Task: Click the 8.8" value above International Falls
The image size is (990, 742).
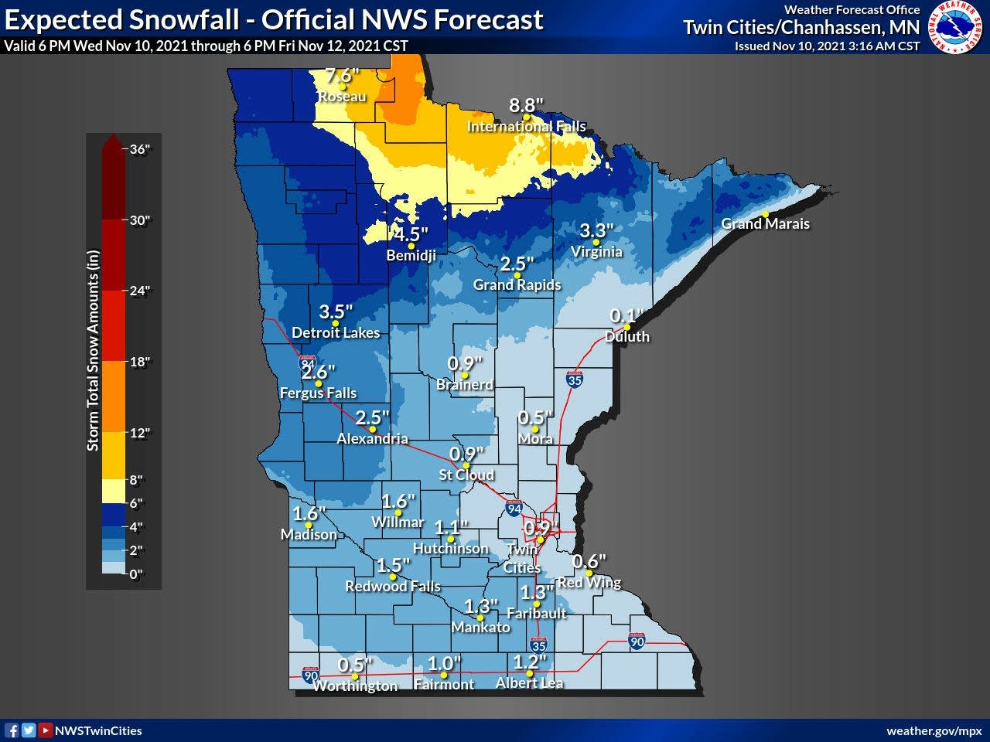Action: pos(526,105)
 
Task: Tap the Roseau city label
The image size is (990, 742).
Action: pos(342,97)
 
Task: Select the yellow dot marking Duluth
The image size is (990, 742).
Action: pos(626,326)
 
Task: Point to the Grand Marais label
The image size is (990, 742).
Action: pos(765,223)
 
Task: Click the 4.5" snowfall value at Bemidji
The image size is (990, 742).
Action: pos(409,234)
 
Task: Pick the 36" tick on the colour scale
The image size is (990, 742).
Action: pos(139,149)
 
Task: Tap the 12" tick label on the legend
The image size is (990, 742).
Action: pos(139,433)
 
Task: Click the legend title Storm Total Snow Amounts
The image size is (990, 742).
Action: pos(93,349)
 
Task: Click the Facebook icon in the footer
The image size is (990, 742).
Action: pos(12,730)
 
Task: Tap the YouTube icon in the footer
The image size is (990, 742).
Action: pos(46,730)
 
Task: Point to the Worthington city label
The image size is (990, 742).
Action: pos(355,686)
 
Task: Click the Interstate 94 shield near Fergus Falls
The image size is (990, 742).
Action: pos(307,362)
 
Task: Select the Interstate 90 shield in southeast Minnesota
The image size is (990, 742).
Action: pos(637,642)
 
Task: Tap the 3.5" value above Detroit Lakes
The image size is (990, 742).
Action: pos(336,311)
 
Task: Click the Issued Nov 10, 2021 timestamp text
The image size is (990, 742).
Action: pos(827,46)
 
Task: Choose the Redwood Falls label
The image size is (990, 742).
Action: pos(392,586)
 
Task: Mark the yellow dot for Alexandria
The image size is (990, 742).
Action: pos(373,429)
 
